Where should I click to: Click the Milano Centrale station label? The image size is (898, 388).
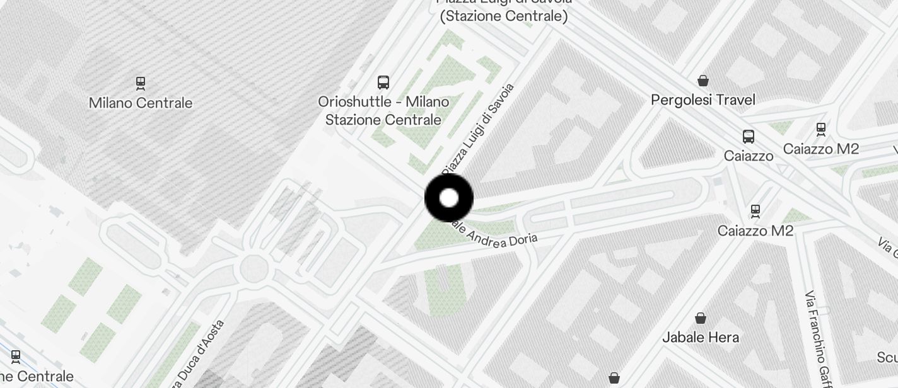click(x=141, y=103)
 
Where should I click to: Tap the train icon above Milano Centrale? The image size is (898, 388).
click(x=141, y=83)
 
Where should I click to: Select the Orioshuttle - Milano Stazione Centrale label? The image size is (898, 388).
click(x=383, y=110)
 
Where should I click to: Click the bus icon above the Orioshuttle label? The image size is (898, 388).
click(x=383, y=82)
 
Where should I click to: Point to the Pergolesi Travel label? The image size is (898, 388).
click(x=703, y=100)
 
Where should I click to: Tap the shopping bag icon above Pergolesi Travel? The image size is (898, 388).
click(x=703, y=81)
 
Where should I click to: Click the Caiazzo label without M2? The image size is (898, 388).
click(x=749, y=156)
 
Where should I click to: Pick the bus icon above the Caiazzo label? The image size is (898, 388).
click(x=749, y=136)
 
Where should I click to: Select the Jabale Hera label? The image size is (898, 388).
click(x=700, y=337)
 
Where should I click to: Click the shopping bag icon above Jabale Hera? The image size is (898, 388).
click(x=700, y=318)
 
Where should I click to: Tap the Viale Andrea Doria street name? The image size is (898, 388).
click(x=498, y=236)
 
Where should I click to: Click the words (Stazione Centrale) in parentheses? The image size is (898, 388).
click(x=504, y=16)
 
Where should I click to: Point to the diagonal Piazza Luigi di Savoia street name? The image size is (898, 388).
click(x=479, y=129)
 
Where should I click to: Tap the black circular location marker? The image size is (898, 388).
click(x=449, y=198)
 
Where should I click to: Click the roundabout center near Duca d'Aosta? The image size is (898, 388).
click(x=254, y=268)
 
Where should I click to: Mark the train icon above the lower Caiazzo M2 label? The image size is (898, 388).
click(x=755, y=210)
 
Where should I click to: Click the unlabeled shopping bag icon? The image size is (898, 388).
click(x=614, y=378)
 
